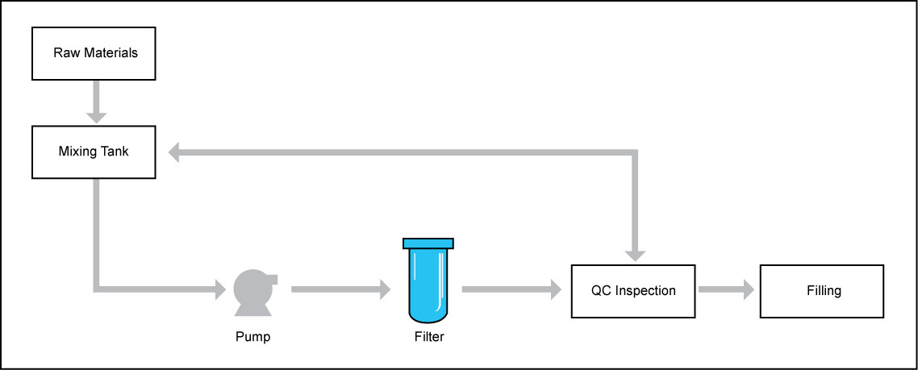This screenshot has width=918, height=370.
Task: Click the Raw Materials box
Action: click(x=95, y=53)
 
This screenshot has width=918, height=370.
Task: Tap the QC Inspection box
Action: click(x=633, y=290)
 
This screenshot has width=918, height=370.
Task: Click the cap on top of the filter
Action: click(x=428, y=243)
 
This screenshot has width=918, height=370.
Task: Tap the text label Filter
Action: click(x=428, y=337)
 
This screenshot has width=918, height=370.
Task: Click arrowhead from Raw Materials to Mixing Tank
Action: click(x=96, y=115)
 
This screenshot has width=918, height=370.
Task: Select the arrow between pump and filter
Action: click(x=340, y=288)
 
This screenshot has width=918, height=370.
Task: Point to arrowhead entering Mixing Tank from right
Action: click(x=173, y=151)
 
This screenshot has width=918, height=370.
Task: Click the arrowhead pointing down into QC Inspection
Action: click(x=636, y=254)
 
